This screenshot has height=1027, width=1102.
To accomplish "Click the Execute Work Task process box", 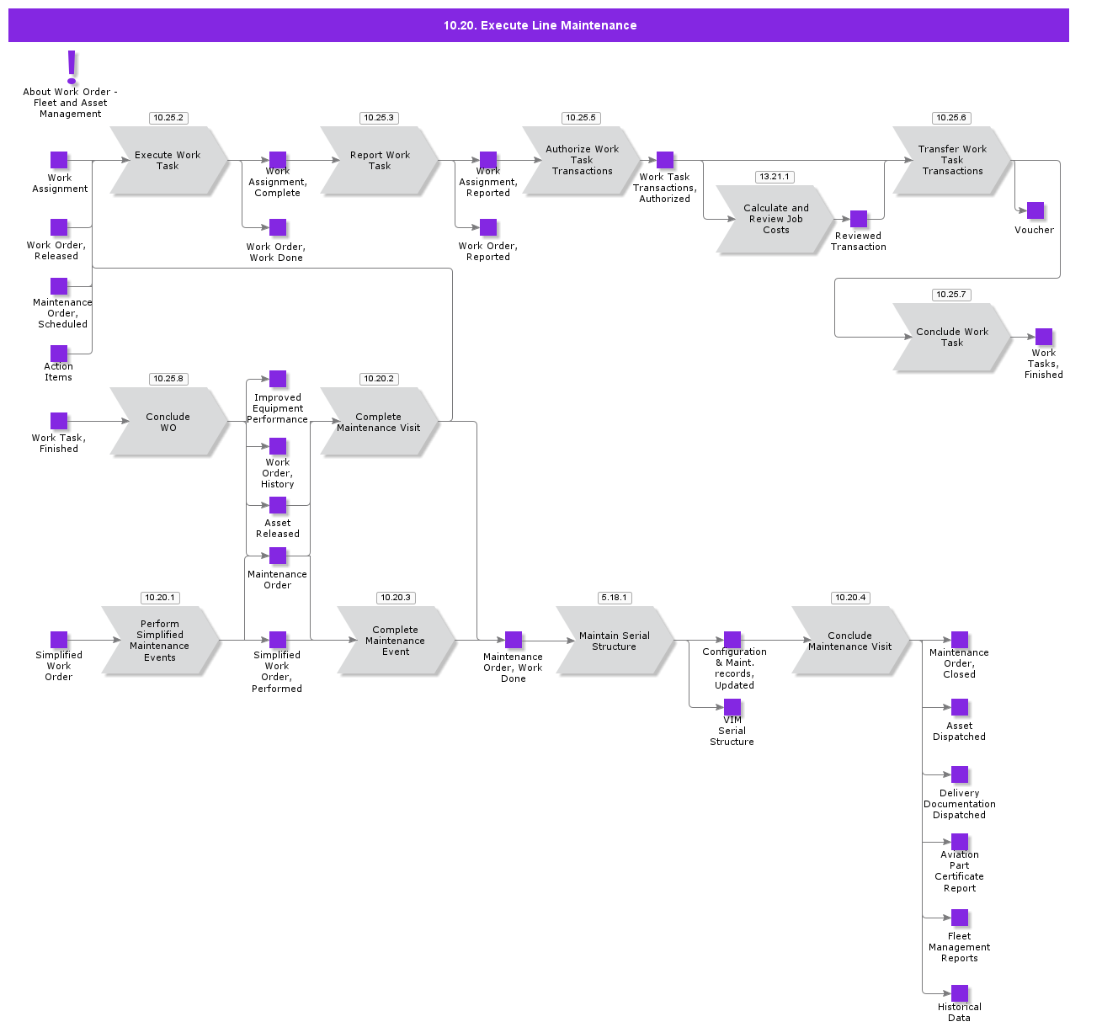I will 168,161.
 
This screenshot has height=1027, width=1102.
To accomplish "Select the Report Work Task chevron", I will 380,161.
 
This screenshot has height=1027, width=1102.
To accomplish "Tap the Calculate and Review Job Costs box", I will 775,219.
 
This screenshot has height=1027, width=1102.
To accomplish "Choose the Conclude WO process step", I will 168,422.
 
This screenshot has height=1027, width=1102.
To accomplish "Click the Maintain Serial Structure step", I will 615,641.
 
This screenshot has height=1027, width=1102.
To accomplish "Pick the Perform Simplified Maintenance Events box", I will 160,641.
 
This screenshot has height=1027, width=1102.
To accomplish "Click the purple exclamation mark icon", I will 72,67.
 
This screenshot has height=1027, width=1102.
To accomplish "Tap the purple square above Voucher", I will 1035,210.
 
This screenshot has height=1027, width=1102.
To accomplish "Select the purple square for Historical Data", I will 960,993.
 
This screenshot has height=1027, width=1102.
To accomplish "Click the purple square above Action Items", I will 59,354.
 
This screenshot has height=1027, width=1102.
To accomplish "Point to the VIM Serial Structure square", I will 732,707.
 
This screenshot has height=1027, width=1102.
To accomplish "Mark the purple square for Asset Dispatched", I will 960,707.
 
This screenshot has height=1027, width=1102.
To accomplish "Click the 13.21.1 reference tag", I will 775,177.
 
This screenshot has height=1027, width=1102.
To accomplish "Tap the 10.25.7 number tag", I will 951,295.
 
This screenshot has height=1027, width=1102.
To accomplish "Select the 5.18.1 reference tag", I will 615,598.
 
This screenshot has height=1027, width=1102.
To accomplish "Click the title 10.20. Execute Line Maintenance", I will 540,25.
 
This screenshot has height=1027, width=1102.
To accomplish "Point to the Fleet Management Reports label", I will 960,947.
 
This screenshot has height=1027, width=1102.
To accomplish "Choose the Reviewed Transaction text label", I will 859,242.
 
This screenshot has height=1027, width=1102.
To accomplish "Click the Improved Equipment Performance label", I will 278,408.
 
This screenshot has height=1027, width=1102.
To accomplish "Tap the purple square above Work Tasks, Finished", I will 1044,337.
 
